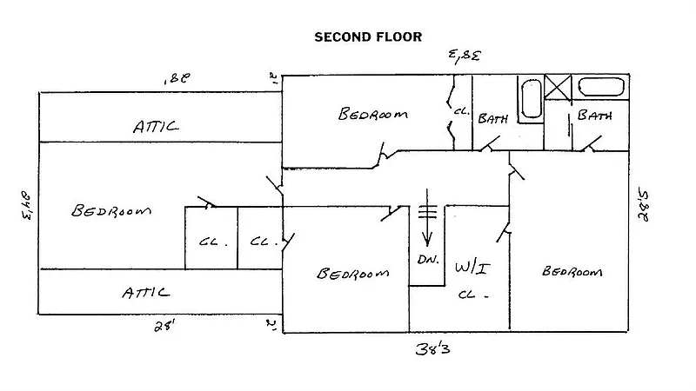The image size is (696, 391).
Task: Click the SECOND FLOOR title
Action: (367, 36)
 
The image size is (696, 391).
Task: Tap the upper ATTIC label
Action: (157, 127)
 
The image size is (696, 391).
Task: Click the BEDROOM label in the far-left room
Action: (111, 211)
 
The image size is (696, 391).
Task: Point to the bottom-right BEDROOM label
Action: (572, 272)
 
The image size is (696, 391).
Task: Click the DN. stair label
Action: (426, 261)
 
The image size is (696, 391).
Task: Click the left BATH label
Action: (492, 119)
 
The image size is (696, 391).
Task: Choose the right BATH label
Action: (594, 115)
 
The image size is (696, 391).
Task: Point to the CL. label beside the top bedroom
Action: (461, 111)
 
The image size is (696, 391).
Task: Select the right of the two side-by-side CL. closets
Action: (262, 242)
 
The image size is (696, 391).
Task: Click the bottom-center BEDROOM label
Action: (351, 274)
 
